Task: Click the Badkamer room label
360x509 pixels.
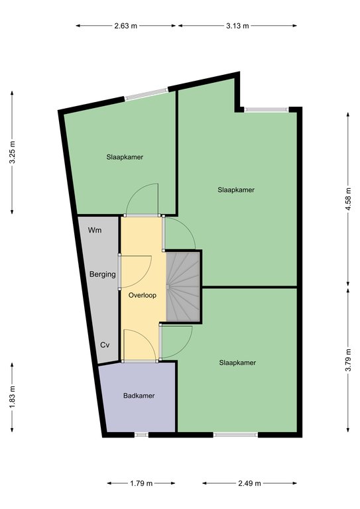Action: (x=139, y=396)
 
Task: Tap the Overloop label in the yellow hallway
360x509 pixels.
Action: (x=142, y=295)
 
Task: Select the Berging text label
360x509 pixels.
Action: (x=102, y=274)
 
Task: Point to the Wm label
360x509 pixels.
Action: (x=95, y=230)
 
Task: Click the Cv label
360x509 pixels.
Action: (x=105, y=345)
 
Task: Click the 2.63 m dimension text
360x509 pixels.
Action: (x=125, y=26)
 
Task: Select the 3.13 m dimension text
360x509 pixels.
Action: (x=237, y=26)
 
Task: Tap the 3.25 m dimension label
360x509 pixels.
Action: (x=12, y=152)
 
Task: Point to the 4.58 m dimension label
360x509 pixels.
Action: (x=348, y=199)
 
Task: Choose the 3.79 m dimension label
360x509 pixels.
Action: (x=348, y=360)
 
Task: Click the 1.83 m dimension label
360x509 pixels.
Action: (x=12, y=398)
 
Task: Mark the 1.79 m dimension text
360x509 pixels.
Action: (x=141, y=483)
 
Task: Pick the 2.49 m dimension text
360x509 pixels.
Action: (x=249, y=483)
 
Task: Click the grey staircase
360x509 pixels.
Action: (x=183, y=286)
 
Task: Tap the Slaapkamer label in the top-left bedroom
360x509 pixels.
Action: (x=125, y=157)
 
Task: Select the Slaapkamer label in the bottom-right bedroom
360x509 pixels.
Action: (x=237, y=363)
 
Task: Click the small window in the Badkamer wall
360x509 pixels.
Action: (x=141, y=435)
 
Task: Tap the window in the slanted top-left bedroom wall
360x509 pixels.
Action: (x=147, y=94)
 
